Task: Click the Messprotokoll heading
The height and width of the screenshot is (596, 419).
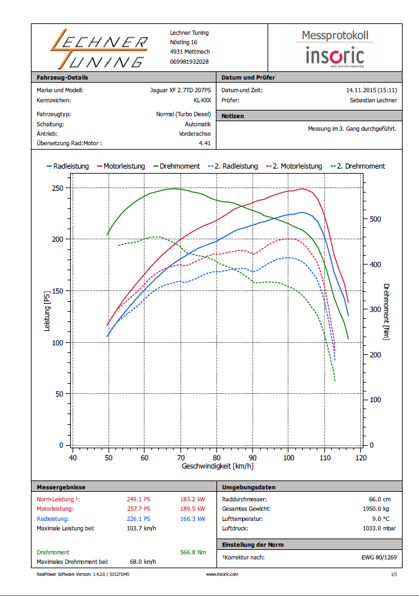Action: click(x=334, y=35)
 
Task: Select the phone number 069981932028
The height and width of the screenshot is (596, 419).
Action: click(x=189, y=62)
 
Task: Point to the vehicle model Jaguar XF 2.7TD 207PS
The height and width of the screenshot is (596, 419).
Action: click(x=180, y=90)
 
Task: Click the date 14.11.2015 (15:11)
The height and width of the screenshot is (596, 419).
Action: click(x=372, y=90)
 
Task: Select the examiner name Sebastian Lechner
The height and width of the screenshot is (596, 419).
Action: click(x=374, y=100)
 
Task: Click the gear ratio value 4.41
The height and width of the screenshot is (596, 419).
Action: click(x=204, y=143)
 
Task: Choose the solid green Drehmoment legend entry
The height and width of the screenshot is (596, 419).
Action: click(x=175, y=166)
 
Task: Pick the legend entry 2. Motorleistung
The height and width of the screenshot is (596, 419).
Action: click(x=294, y=166)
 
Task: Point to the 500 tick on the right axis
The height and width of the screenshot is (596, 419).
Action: click(x=374, y=219)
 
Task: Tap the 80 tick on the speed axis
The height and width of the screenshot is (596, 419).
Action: click(x=216, y=458)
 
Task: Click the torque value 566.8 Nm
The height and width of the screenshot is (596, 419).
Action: click(x=193, y=552)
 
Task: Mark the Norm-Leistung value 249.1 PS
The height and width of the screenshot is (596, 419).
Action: click(x=139, y=499)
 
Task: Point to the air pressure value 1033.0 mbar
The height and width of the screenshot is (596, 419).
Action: click(x=380, y=528)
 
